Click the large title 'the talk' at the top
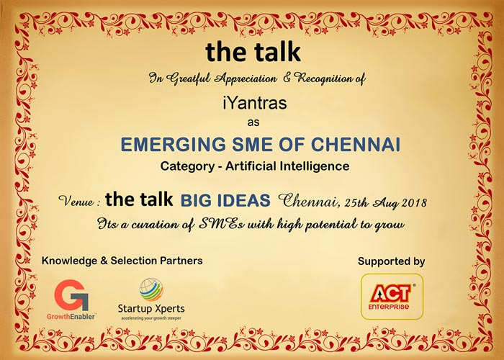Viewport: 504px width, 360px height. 253,52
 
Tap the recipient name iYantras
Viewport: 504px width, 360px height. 254,103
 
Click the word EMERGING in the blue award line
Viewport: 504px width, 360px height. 174,144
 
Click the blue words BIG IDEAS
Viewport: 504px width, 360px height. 225,200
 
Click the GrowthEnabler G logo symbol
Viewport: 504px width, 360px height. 71,294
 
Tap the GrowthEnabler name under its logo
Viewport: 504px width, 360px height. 71,317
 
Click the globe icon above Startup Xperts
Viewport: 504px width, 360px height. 151,289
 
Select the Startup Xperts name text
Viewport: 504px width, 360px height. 151,309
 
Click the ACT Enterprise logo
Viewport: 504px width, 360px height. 392,297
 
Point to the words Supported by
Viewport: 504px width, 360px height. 391,261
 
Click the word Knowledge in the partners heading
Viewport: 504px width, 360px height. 69,261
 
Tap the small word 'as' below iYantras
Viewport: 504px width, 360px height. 253,122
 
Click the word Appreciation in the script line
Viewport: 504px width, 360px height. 246,78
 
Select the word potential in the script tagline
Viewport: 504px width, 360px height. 330,224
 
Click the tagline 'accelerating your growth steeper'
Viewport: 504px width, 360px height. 151,318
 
